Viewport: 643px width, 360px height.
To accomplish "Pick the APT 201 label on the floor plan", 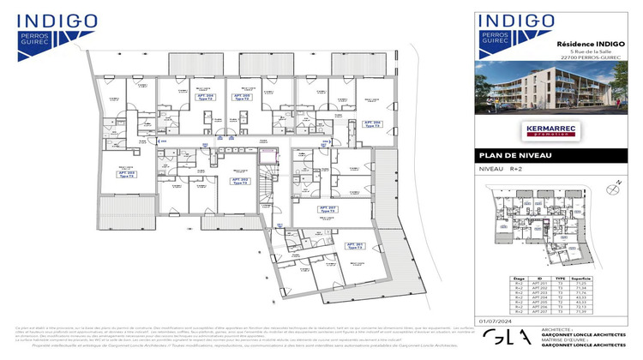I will [357, 246].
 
